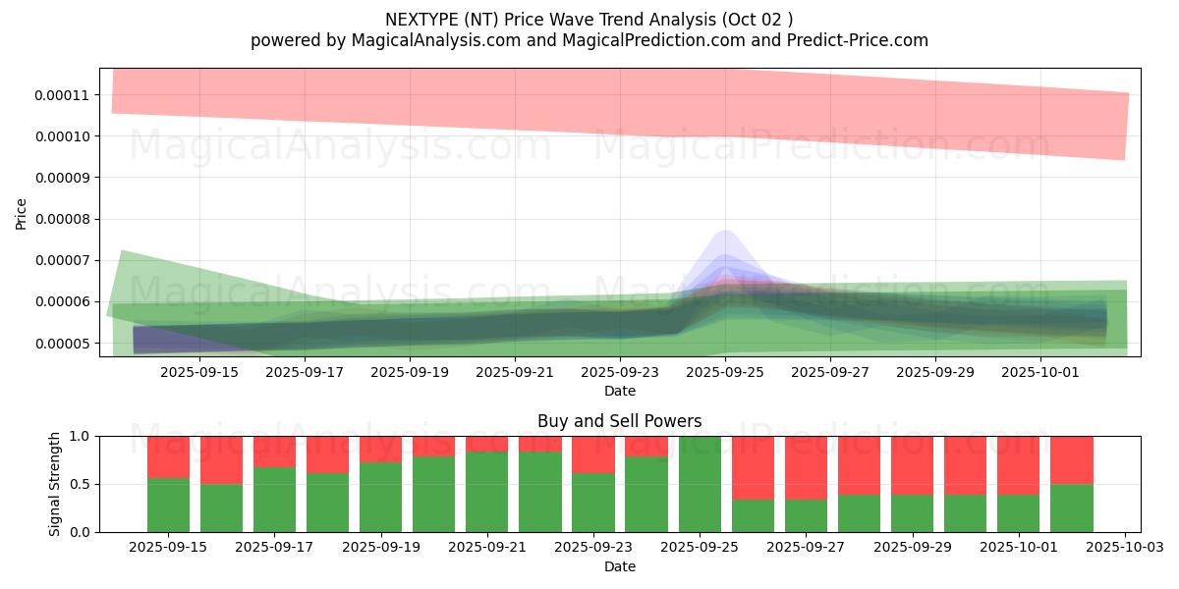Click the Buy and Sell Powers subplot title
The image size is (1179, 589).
[619, 421]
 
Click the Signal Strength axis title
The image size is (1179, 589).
[55, 484]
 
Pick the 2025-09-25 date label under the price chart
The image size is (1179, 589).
[725, 372]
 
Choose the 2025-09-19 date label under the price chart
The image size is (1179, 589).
[409, 372]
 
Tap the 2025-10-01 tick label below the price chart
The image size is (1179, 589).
[1041, 372]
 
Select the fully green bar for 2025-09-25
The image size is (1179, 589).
[699, 484]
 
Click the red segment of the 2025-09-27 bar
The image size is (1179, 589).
[805, 467]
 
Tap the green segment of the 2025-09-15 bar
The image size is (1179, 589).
[168, 505]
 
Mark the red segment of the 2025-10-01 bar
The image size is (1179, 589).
[1018, 464]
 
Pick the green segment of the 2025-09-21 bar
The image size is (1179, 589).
[486, 491]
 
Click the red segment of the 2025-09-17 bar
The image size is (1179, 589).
[274, 451]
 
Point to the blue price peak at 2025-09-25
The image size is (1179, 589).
[724, 236]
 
